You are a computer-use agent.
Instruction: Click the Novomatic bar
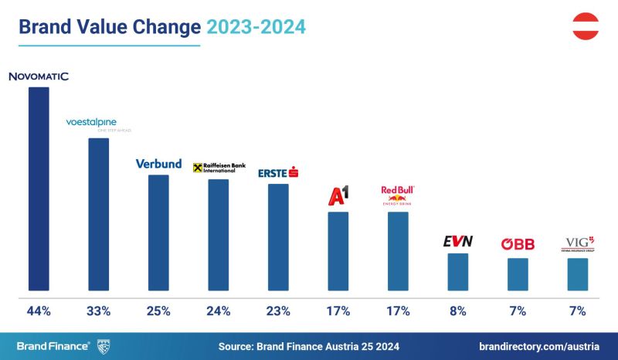(39, 190)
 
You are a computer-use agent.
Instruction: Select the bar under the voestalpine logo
(99, 216)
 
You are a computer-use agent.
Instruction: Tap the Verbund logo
(158, 164)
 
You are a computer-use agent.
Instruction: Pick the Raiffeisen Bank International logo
(218, 168)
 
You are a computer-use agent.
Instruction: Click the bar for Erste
(278, 239)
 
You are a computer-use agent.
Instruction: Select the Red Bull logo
(398, 195)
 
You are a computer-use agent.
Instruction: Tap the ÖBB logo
(518, 244)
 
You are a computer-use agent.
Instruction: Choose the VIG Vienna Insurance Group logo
(577, 243)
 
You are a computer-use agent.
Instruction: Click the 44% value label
(39, 311)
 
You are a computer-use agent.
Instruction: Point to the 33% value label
(99, 311)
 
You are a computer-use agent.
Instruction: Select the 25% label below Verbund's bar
(158, 311)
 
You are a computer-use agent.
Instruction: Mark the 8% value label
(457, 311)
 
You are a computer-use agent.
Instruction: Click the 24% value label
(218, 311)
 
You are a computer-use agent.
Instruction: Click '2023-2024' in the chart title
(256, 27)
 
